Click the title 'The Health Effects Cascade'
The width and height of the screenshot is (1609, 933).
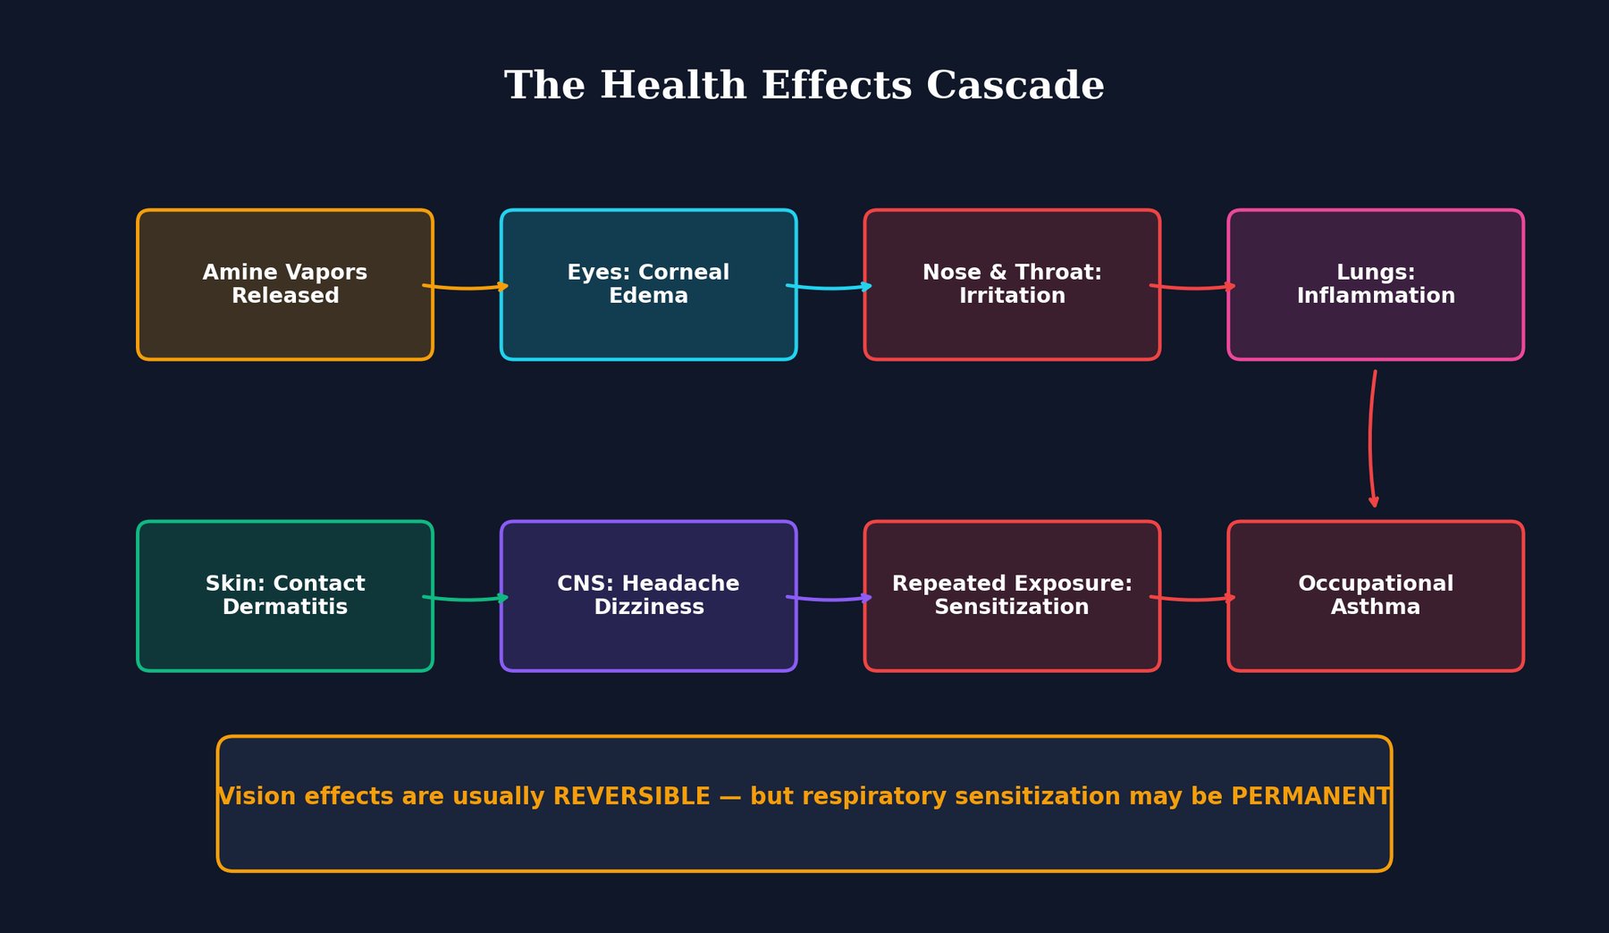coord(804,86)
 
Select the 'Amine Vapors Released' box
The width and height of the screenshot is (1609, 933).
coord(285,284)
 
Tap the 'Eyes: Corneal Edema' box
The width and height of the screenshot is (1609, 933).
coord(648,284)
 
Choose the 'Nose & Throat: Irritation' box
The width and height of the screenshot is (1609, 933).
coord(1012,284)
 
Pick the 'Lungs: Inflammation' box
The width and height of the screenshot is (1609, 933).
coord(1376,284)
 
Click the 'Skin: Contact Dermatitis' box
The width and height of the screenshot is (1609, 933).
coord(285,595)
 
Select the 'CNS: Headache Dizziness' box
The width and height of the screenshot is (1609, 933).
coord(648,595)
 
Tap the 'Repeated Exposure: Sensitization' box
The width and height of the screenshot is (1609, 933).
coord(1012,595)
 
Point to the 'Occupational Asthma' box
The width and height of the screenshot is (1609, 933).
coord(1376,595)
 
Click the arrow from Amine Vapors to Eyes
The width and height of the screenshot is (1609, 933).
coord(467,287)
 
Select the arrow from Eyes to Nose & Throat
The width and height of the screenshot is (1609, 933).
coord(830,287)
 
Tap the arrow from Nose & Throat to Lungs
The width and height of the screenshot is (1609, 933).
coord(1193,287)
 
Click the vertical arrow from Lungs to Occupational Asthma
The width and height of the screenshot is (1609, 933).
coord(1371,438)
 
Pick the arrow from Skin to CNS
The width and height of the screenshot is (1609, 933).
coord(467,598)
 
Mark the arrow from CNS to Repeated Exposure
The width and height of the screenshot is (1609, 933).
coord(830,598)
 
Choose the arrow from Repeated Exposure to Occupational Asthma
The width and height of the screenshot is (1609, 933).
coord(1193,598)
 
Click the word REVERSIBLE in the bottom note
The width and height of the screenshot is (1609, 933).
coord(631,796)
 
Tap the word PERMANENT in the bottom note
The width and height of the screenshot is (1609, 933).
coord(1310,796)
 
